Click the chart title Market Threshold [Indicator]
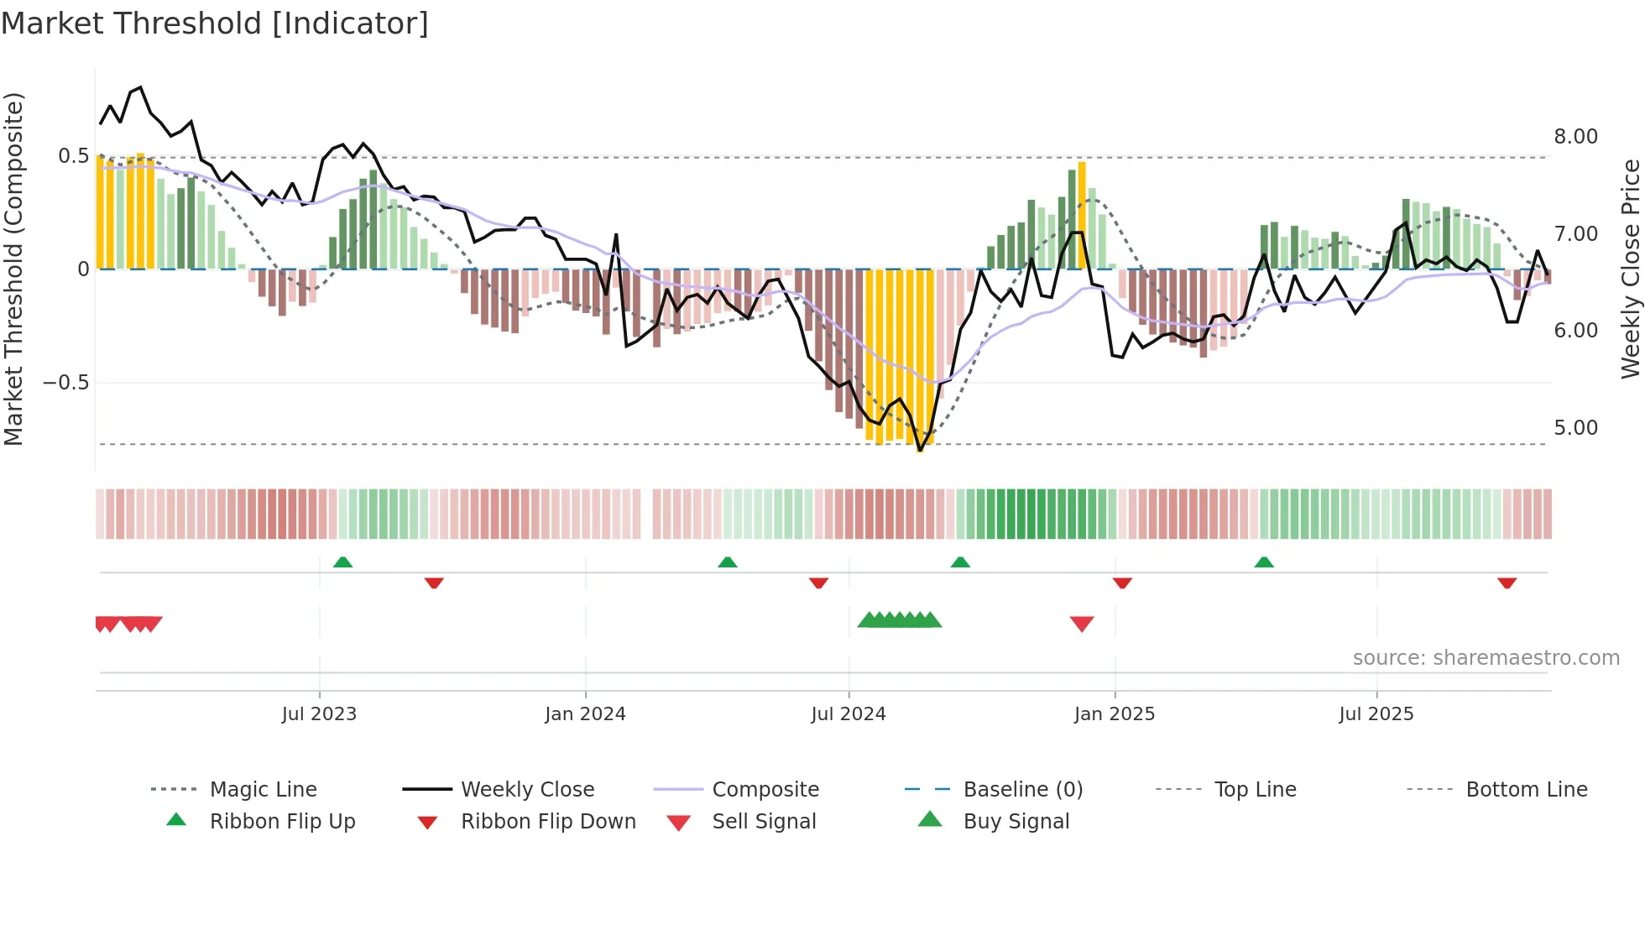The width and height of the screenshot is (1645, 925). tap(215, 24)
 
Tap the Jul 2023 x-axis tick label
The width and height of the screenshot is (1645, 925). tap(319, 714)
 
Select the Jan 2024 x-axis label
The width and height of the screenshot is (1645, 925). tap(585, 714)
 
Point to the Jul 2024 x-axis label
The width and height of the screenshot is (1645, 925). tap(848, 714)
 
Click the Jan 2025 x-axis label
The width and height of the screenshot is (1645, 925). tap(1115, 714)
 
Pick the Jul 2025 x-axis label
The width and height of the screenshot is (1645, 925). tap(1376, 714)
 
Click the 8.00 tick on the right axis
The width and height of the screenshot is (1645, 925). tap(1575, 137)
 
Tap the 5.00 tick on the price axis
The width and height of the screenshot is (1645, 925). tap(1575, 428)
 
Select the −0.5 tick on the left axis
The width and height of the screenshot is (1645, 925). tap(65, 383)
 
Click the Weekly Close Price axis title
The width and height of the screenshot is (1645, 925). tap(1630, 269)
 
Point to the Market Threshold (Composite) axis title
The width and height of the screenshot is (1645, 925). tap(13, 269)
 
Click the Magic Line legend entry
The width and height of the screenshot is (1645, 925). tap(263, 790)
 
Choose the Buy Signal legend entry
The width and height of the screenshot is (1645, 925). tap(1016, 822)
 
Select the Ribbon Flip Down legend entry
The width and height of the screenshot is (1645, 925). tap(548, 822)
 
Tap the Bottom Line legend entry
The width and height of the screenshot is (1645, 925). tap(1526, 790)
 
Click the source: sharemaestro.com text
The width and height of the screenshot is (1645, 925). tap(1486, 658)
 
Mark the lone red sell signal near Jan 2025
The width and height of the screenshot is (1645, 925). tap(1082, 624)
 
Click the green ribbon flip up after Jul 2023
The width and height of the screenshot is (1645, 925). tap(342, 562)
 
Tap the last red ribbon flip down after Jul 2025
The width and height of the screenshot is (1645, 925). tap(1507, 583)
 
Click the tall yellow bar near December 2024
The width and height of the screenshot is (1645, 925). tap(1082, 214)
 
